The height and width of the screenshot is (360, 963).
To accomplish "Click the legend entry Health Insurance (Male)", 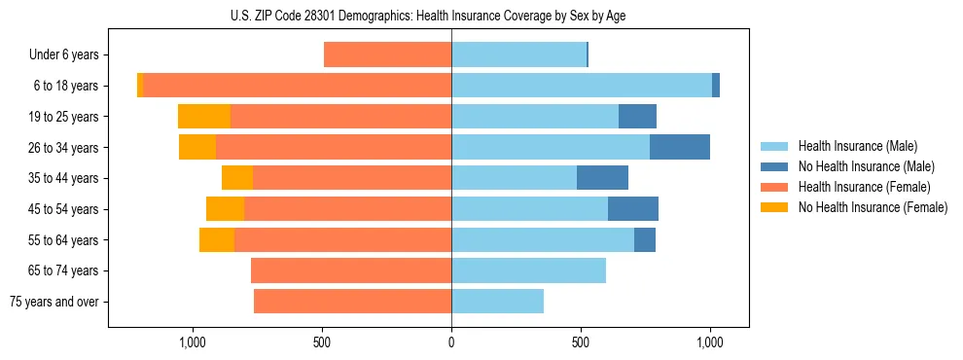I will pos(857,146).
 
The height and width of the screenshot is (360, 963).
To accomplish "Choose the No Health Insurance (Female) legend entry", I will pos(873,207).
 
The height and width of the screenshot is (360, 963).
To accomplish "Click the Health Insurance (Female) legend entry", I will pos(864,187).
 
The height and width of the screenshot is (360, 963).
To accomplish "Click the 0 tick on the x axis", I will pos(451,342).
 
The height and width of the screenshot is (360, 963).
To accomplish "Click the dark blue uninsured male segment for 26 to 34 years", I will pos(679,147).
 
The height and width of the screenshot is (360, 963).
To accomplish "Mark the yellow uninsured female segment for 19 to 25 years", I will pos(204,117).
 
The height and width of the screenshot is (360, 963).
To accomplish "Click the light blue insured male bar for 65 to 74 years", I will pos(528,270).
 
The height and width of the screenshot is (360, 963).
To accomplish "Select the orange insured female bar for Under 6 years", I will pos(387,55).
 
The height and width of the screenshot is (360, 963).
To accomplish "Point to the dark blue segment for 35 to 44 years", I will pos(602,178).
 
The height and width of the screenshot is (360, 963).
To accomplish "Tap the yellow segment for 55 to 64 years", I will pos(217,239).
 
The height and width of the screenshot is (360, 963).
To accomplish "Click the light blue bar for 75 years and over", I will pos(497,302).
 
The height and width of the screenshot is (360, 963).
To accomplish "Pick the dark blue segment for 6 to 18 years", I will pos(716,86).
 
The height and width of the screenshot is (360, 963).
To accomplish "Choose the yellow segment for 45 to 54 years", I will pos(225,209).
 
